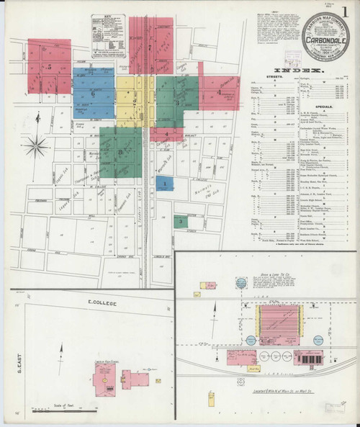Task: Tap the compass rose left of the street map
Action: [x=35, y=147]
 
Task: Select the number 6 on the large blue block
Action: [x=93, y=94]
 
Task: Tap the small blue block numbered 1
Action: [x=164, y=184]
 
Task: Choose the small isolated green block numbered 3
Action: [x=179, y=221]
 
